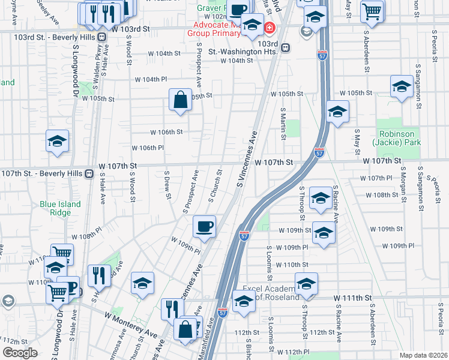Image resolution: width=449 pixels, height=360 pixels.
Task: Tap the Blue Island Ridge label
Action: click(x=60, y=208)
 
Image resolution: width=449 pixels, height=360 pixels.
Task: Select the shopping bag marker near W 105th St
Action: click(x=180, y=100)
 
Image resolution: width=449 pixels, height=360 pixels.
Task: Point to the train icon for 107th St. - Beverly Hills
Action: click(x=88, y=173)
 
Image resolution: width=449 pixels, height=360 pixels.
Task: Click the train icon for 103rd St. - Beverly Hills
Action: click(x=102, y=37)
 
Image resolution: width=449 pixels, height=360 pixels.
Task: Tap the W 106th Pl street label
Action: click(x=148, y=148)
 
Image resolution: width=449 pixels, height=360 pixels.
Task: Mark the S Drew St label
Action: click(x=167, y=184)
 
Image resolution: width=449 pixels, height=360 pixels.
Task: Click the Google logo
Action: click(x=20, y=352)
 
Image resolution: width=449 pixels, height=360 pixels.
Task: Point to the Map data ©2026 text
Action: click(x=423, y=355)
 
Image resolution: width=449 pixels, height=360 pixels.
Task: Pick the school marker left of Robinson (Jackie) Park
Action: click(x=337, y=112)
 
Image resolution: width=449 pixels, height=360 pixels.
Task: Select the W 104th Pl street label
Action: click(x=151, y=79)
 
